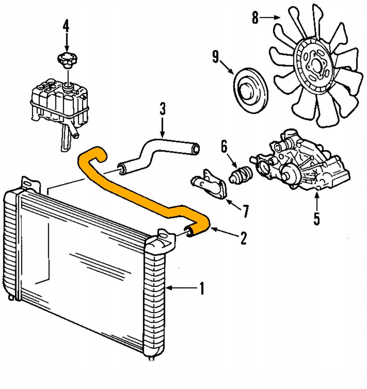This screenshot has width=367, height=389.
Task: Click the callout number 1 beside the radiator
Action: click(x=201, y=288)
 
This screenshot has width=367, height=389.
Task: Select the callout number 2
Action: click(x=243, y=238)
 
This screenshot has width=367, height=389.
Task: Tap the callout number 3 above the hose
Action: click(x=162, y=110)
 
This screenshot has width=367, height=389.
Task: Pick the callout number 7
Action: click(x=245, y=211)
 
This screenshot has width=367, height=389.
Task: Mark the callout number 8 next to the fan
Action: click(x=255, y=18)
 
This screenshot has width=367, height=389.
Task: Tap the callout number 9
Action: click(x=215, y=57)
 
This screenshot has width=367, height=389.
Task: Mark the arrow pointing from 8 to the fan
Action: click(x=272, y=17)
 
